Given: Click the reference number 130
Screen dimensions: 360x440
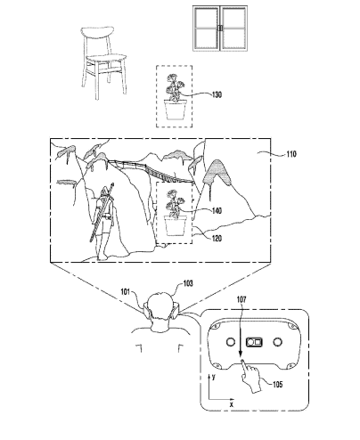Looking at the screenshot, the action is tap(217, 94).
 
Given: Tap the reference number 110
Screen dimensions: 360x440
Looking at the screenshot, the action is tap(291, 154).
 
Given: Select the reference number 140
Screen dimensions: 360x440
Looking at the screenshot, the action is tap(217, 211).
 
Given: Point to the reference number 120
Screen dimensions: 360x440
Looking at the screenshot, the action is tap(217, 238).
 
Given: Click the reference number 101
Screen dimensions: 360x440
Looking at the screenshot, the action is tap(125, 292).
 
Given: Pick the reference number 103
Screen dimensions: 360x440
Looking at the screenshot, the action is tap(188, 283).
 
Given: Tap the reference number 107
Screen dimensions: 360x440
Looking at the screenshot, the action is tap(241, 299).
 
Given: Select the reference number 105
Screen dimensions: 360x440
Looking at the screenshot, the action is tap(277, 385).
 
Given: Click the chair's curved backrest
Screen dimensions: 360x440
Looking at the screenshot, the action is tap(97, 31).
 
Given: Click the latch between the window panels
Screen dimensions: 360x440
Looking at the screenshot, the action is tap(220, 29).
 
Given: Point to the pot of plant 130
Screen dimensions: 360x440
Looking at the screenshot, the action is tap(176, 110).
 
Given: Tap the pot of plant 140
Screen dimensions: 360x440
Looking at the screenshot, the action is tap(176, 226).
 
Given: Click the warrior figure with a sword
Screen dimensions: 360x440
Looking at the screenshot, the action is tap(103, 222).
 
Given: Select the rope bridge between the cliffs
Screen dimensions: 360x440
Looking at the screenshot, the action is tap(151, 171).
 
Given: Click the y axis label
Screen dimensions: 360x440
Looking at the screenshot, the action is tap(213, 377).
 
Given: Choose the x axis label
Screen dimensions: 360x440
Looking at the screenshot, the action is tap(232, 404).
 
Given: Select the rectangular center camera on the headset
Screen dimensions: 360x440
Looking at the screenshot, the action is tap(254, 342).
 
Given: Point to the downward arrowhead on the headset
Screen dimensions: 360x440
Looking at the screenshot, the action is tap(240, 354).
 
